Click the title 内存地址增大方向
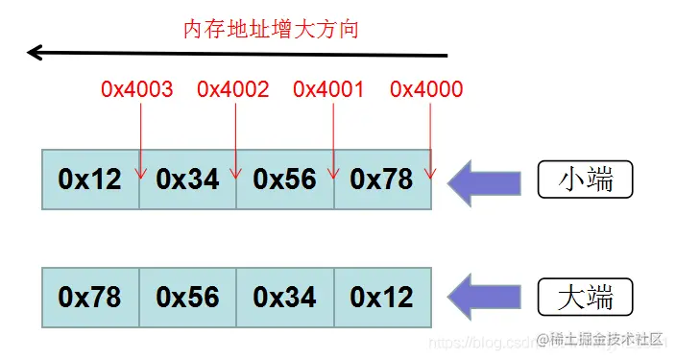point(271,29)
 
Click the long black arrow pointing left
point(230,53)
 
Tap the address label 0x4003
point(137,89)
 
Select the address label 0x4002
point(233,89)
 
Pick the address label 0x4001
point(329,89)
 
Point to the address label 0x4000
point(426,89)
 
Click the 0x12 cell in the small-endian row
point(90,180)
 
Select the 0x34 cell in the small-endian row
point(188,180)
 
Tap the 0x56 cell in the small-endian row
point(285,180)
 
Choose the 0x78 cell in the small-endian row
point(382,180)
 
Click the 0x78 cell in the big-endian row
point(90,298)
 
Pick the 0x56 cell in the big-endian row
point(188,298)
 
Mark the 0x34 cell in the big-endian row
point(285,298)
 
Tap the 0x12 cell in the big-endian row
point(382,298)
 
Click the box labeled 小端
point(587,180)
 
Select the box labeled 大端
point(587,297)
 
